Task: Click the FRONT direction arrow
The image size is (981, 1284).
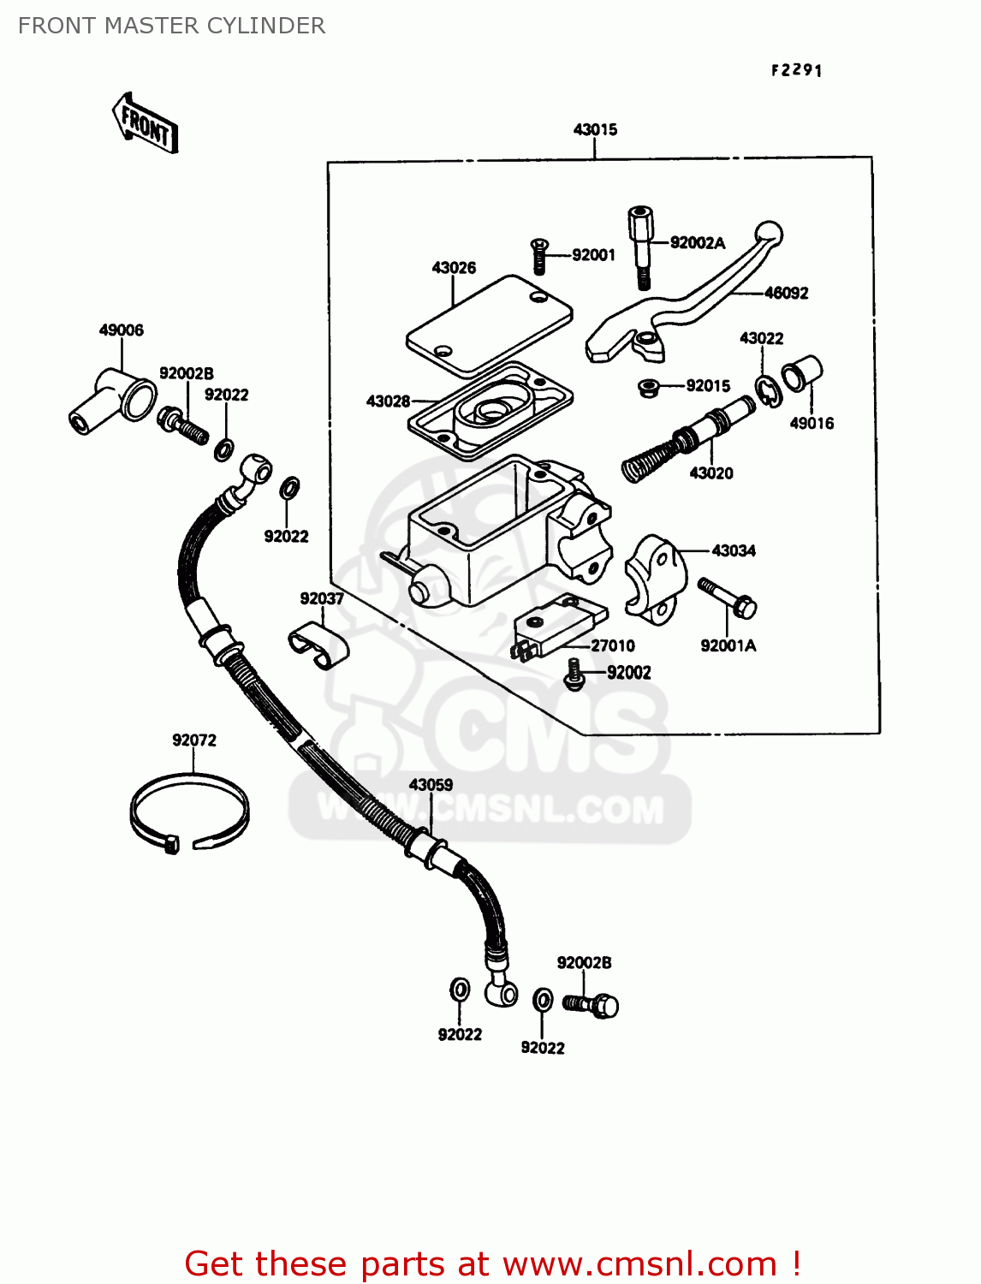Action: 146,123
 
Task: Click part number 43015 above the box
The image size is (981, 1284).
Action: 595,129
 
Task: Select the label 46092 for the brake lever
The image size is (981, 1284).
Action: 786,293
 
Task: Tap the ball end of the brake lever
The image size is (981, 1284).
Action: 768,234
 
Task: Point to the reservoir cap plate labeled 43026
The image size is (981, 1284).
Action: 489,326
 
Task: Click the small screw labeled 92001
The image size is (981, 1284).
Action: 538,256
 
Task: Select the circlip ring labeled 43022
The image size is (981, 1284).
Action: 768,390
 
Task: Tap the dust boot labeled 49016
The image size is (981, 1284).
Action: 802,374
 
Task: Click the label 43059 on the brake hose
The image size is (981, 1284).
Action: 431,784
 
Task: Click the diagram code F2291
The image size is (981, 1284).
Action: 796,70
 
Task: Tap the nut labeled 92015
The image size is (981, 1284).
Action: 649,388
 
